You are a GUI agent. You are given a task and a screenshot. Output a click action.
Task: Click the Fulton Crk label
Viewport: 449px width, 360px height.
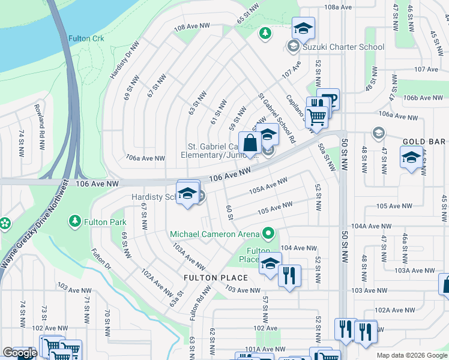86,38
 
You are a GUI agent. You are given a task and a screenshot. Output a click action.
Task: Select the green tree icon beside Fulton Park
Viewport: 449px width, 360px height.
74,222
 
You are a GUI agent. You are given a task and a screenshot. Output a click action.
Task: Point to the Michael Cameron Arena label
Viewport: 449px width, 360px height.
214,233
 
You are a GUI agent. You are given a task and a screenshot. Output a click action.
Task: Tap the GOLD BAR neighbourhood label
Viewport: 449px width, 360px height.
424,142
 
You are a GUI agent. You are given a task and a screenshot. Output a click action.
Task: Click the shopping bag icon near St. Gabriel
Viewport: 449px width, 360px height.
250,143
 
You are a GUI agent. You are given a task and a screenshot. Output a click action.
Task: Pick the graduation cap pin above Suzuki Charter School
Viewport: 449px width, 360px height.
303,28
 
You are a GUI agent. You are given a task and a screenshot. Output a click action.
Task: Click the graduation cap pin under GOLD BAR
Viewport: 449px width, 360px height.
411,158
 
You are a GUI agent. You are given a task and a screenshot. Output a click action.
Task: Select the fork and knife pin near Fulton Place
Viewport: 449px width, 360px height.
289,275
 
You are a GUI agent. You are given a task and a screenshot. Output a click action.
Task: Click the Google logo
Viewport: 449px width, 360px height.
20,353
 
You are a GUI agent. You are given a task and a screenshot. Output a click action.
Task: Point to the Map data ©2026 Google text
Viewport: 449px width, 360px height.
411,355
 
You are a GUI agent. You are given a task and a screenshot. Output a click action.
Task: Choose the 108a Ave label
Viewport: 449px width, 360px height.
337,7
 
